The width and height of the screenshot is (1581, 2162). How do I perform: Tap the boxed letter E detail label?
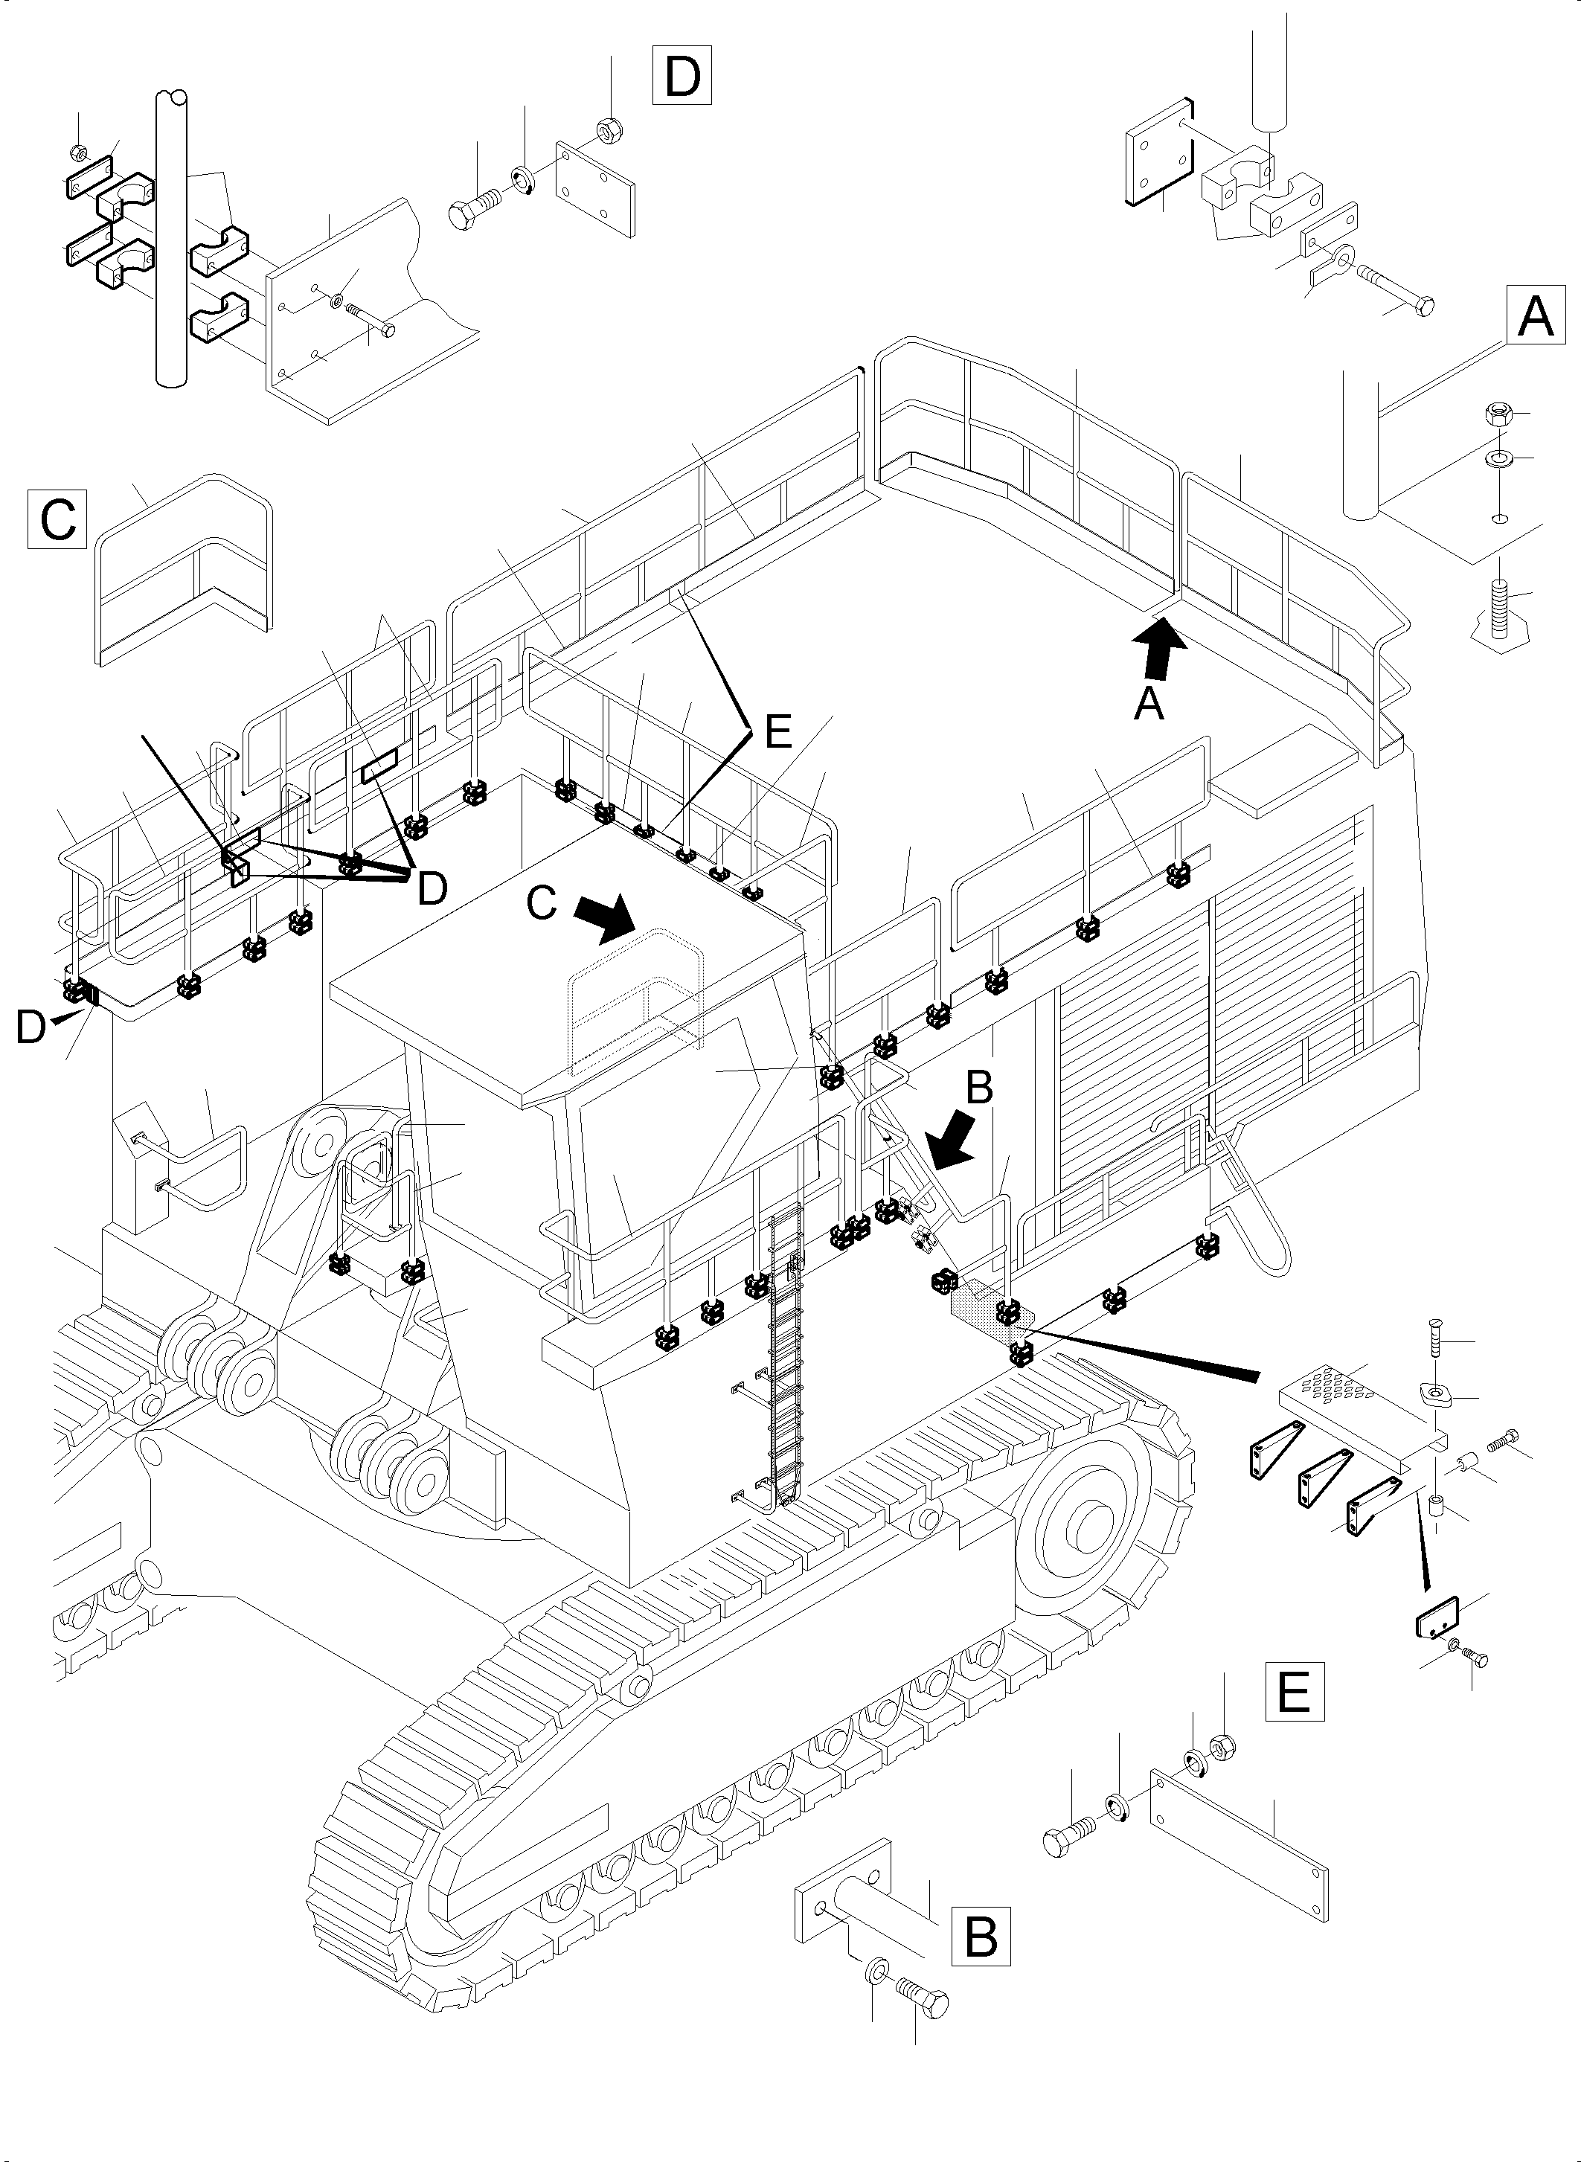[x=1295, y=1691]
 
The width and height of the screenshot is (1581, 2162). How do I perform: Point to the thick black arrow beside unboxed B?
[x=953, y=1146]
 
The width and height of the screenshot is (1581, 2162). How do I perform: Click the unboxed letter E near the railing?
[x=778, y=732]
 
